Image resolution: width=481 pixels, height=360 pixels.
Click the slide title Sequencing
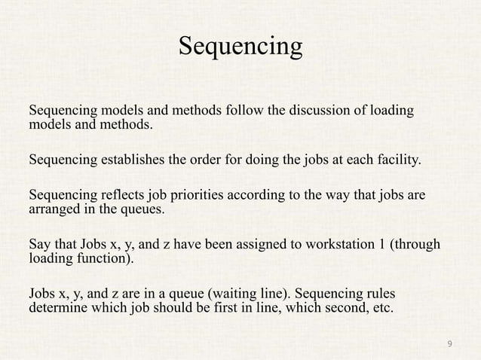pyautogui.click(x=240, y=47)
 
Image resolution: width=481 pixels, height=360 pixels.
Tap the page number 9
pyautogui.click(x=450, y=344)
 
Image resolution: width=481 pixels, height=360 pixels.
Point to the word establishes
pyautogui.click(x=131, y=160)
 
